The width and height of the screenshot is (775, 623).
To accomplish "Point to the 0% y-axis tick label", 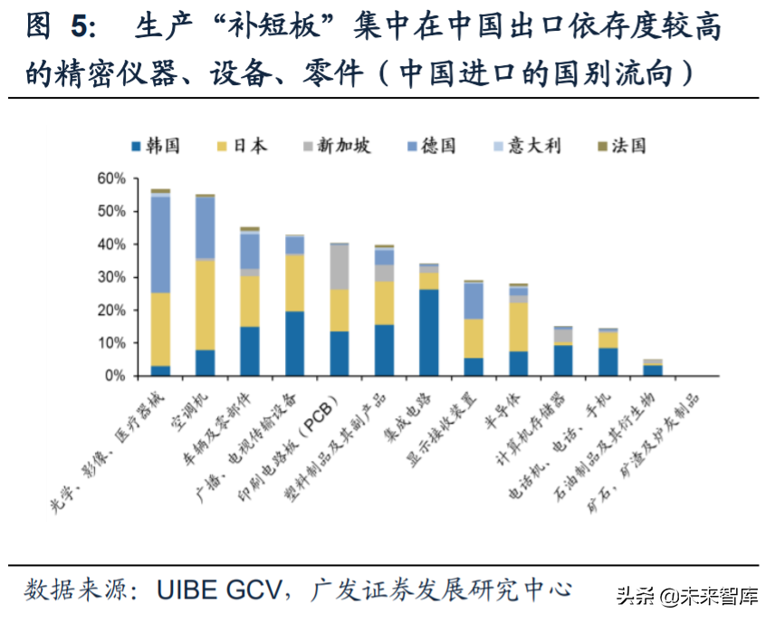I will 115,376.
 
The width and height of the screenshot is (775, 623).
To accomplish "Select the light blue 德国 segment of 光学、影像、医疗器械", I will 160,244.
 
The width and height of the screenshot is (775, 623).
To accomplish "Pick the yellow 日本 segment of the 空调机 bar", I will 206,304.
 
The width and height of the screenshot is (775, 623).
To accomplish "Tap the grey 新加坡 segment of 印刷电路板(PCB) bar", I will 340,266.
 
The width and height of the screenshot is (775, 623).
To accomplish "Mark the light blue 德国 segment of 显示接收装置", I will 474,301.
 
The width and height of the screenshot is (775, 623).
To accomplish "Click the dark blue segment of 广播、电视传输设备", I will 295,343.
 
